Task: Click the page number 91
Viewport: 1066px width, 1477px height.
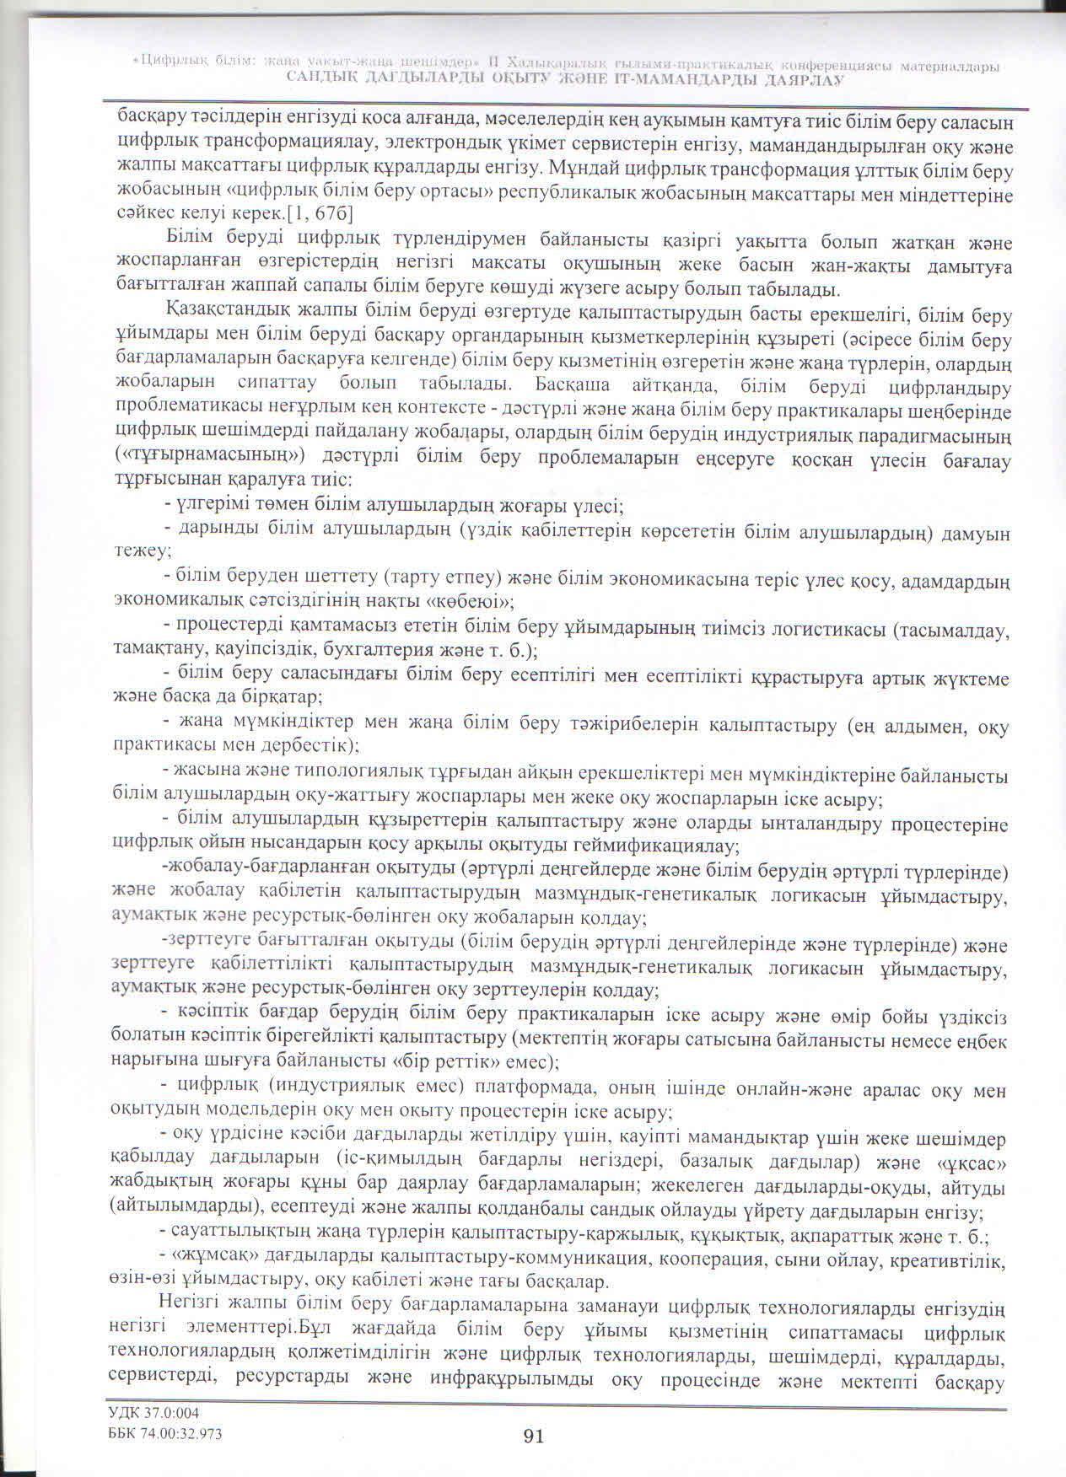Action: tap(533, 1436)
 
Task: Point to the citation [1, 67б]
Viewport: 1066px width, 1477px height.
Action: tap(320, 212)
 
